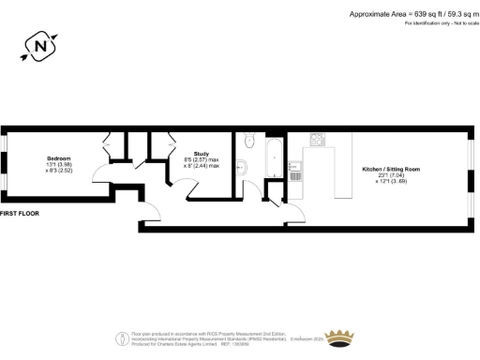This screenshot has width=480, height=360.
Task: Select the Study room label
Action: (201, 154)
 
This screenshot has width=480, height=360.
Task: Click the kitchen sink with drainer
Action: (296, 172)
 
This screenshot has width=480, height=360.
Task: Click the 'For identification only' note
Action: (439, 22)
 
